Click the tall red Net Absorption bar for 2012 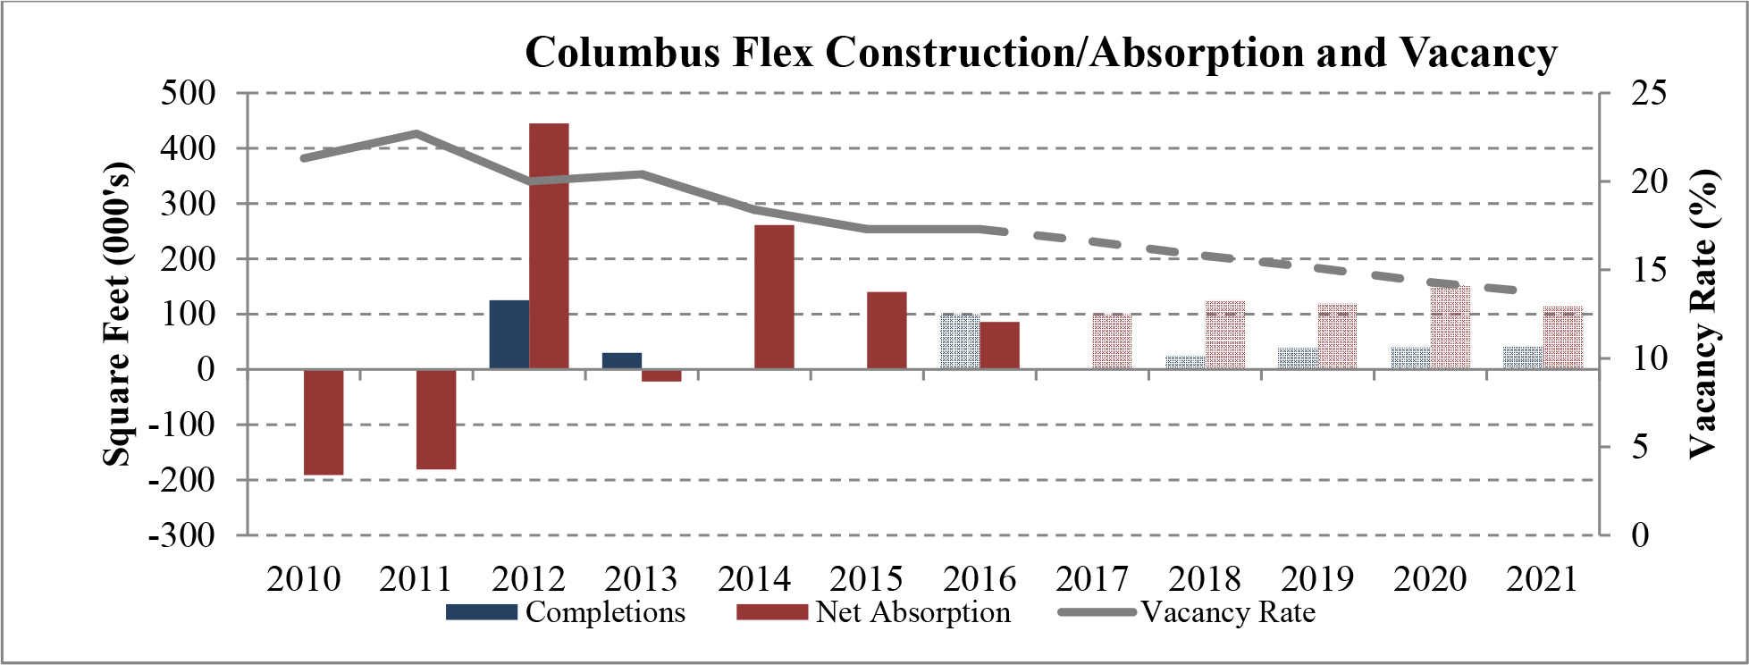pos(549,246)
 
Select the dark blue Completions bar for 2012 pos(509,334)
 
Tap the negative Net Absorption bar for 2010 pos(324,422)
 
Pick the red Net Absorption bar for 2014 pos(774,297)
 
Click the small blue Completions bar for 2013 pos(621,361)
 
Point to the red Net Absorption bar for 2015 pos(887,331)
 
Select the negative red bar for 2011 pos(436,419)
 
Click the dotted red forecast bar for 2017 pos(1112,341)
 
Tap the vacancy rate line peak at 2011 pos(417,134)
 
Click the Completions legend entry pos(566,612)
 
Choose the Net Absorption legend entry pos(874,612)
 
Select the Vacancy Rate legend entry pos(1189,612)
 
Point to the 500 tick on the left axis pos(189,93)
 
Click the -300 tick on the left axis pos(182,535)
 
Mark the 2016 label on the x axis pos(980,579)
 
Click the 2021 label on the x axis pos(1542,579)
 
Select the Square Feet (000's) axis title pos(116,315)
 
